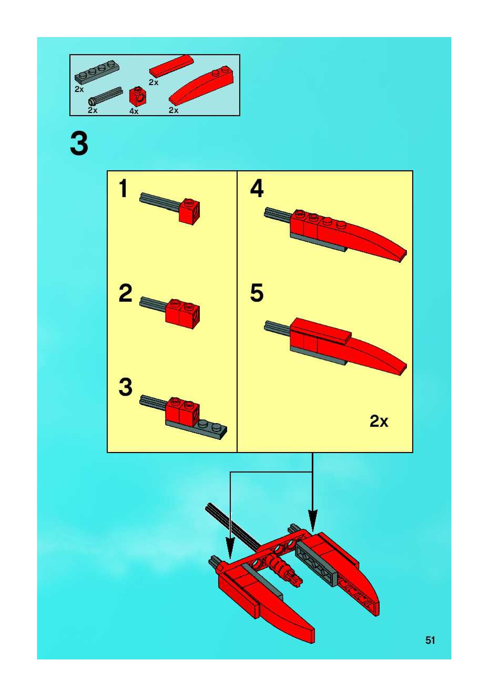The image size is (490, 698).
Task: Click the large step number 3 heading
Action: click(79, 144)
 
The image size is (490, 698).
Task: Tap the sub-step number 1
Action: click(123, 188)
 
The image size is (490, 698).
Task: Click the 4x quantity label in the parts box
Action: click(134, 111)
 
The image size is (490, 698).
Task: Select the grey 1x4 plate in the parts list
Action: click(97, 73)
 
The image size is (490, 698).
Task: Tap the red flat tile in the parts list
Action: click(171, 65)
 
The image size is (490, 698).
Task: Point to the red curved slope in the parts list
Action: click(202, 85)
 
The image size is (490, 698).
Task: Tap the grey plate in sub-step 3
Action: click(196, 429)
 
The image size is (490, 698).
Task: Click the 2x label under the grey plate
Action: click(79, 89)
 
